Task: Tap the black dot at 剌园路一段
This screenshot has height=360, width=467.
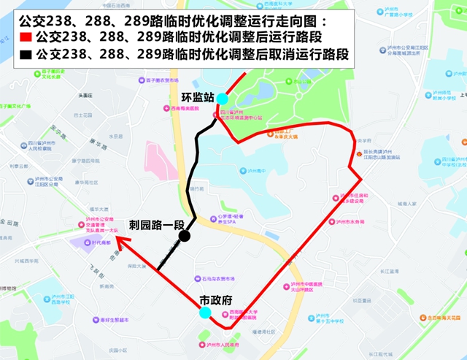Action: coord(185,236)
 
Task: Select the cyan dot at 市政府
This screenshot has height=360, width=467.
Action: coord(206,313)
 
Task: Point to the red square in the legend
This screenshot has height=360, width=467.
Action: coord(26,36)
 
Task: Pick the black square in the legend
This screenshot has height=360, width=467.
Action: coord(26,54)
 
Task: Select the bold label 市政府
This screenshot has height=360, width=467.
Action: coord(216,299)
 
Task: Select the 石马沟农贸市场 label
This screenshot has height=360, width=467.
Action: coord(217,279)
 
